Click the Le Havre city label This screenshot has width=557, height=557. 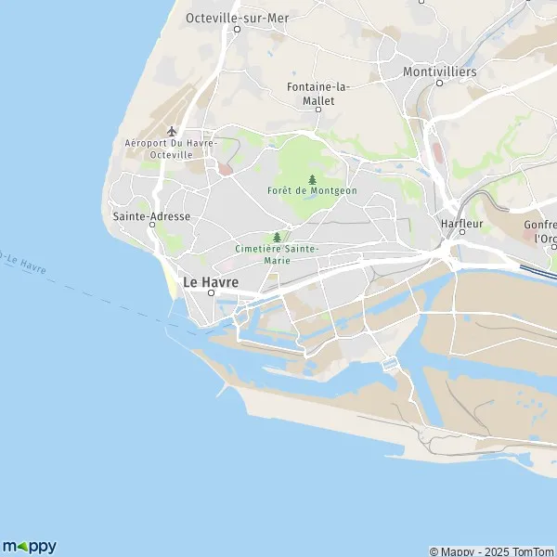pos(212,280)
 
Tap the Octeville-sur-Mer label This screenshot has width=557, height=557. pos(237,17)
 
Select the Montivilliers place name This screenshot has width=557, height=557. pos(440,71)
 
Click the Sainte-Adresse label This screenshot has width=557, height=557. pos(151,215)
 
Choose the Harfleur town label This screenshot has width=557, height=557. pos(461,222)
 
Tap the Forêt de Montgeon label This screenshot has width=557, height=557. pos(311,190)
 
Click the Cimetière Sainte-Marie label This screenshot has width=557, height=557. pos(277,254)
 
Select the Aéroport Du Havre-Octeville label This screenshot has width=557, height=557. pos(171,149)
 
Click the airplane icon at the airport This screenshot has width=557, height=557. pos(170,131)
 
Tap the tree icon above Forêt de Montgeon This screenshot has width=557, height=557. pos(311,178)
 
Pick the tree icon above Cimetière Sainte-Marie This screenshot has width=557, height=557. pos(277,237)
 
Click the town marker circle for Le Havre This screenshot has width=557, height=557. pos(212,292)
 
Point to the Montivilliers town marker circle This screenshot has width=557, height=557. pos(440,83)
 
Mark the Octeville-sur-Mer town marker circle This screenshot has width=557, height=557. pos(237,29)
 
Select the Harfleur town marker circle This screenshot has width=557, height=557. pos(461,232)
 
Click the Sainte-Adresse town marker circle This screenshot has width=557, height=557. pos(151,226)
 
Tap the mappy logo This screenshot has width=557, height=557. pos(30,546)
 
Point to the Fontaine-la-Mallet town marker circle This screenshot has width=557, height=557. pos(317,110)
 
